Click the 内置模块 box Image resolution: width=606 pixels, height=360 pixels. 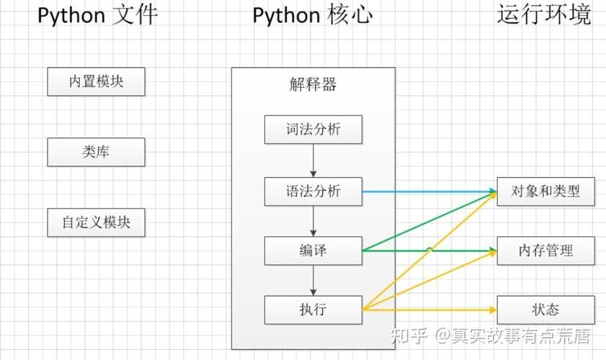96,81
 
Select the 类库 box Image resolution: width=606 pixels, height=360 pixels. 96,152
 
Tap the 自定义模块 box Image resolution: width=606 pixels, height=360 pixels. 96,222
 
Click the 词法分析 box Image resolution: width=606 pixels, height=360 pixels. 313,130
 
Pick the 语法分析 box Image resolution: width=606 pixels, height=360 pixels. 313,192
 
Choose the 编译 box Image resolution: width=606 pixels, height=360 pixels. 313,251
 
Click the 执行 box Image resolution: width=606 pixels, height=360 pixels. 313,310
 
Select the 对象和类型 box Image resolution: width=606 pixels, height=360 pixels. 545,192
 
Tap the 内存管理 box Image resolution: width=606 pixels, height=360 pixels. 545,251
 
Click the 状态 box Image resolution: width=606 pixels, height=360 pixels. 545,310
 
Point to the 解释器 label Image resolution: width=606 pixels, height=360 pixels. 313,85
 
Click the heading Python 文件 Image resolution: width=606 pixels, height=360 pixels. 97,15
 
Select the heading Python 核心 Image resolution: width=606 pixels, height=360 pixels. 313,15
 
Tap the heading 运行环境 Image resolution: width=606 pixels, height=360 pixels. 544,15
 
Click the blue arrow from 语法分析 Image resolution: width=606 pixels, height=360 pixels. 429,192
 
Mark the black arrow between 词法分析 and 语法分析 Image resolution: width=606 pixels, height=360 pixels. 313,160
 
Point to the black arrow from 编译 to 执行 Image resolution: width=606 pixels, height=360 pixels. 313,280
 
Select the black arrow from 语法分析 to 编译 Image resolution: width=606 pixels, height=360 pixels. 313,221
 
